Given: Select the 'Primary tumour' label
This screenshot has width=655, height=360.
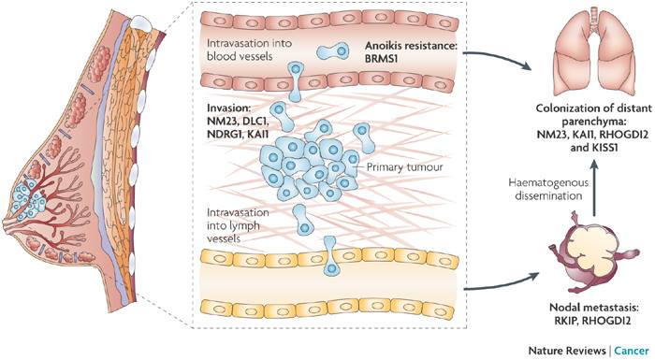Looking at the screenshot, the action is [404, 167].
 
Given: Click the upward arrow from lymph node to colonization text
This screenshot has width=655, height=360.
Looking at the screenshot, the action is [595, 186].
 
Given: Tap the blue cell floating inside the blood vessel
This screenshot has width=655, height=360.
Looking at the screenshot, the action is [333, 50].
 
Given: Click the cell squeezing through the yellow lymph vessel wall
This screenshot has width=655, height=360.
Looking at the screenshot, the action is [330, 255].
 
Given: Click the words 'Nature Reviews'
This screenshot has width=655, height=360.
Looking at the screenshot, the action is [567, 350].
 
